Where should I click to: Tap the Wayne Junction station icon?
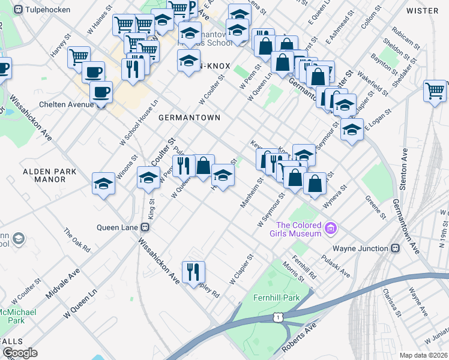[396, 248]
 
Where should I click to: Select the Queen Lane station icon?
[145, 227]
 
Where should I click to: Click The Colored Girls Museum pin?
[330, 228]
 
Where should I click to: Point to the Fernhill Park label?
[267, 297]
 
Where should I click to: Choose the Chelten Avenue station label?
[66, 104]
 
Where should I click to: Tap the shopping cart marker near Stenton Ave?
[435, 91]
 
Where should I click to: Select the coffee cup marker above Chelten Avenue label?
[101, 92]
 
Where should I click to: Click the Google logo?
[20, 353]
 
